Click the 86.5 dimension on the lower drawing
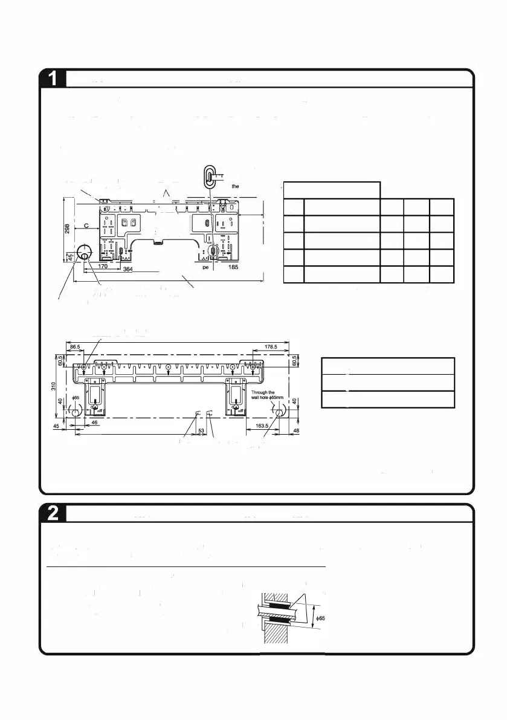(x=76, y=347)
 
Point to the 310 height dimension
(x=54, y=385)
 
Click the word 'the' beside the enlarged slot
(x=236, y=187)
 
